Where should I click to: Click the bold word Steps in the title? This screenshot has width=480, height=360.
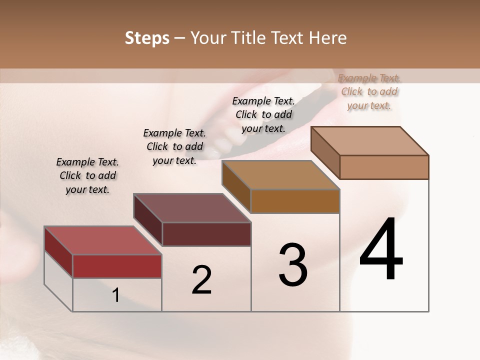point(147,38)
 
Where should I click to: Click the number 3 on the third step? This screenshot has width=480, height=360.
point(293,265)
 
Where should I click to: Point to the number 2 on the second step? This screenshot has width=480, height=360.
point(201,280)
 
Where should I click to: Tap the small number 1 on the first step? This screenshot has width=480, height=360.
point(116,295)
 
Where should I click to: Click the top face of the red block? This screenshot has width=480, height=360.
point(102,240)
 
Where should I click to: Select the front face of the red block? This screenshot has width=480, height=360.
point(117,266)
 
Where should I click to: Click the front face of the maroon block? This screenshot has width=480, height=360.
point(206,234)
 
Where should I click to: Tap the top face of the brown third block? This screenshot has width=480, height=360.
point(280,175)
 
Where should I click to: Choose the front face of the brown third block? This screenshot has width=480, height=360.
point(295,201)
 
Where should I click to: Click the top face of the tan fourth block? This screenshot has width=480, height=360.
point(369,141)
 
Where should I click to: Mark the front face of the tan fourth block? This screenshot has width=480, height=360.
point(384,167)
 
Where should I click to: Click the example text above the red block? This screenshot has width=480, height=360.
point(87,175)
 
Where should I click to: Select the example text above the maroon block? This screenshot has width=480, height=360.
point(174,146)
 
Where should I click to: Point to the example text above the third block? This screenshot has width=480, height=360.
point(263,114)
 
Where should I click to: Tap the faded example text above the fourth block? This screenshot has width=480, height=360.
point(369,91)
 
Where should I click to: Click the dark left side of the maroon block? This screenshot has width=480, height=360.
point(148,219)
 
